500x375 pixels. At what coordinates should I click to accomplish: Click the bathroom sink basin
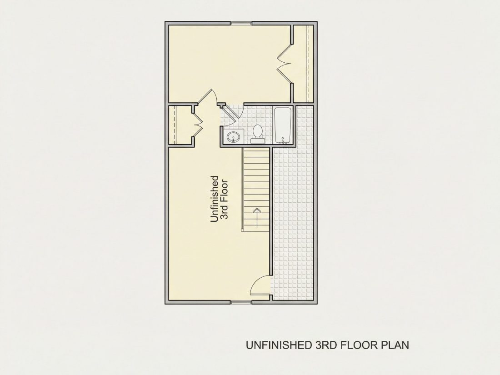233,138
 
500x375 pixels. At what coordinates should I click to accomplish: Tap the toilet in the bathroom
257,134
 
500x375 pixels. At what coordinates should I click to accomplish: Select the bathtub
282,125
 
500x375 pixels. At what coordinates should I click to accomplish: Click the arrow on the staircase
257,217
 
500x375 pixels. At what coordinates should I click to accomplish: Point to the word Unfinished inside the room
215,199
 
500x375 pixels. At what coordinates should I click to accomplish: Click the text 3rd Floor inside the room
225,200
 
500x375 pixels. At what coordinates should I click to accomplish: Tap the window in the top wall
241,23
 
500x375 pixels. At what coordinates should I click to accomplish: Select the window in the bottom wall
241,302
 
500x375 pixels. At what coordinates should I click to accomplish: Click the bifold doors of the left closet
198,125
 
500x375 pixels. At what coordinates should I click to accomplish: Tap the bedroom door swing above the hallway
210,95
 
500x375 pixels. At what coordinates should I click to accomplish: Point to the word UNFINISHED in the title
278,345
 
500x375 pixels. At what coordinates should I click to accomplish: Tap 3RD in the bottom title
325,345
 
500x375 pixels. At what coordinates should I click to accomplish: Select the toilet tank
257,141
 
